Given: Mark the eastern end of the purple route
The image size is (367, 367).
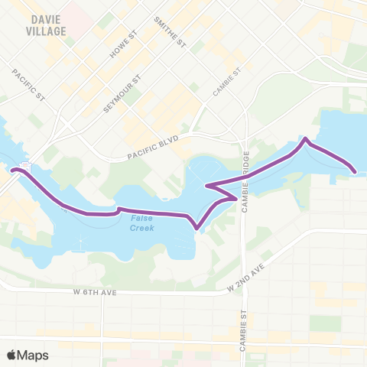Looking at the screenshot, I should (355, 171).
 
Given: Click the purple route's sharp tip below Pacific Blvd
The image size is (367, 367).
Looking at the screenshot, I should (207, 186).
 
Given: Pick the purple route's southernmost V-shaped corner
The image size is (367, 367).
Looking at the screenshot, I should (198, 228).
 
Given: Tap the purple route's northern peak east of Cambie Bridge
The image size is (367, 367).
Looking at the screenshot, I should (306, 139).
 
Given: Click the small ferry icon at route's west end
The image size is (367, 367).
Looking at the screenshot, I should (24, 166).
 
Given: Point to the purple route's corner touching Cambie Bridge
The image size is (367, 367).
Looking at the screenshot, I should (235, 197).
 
